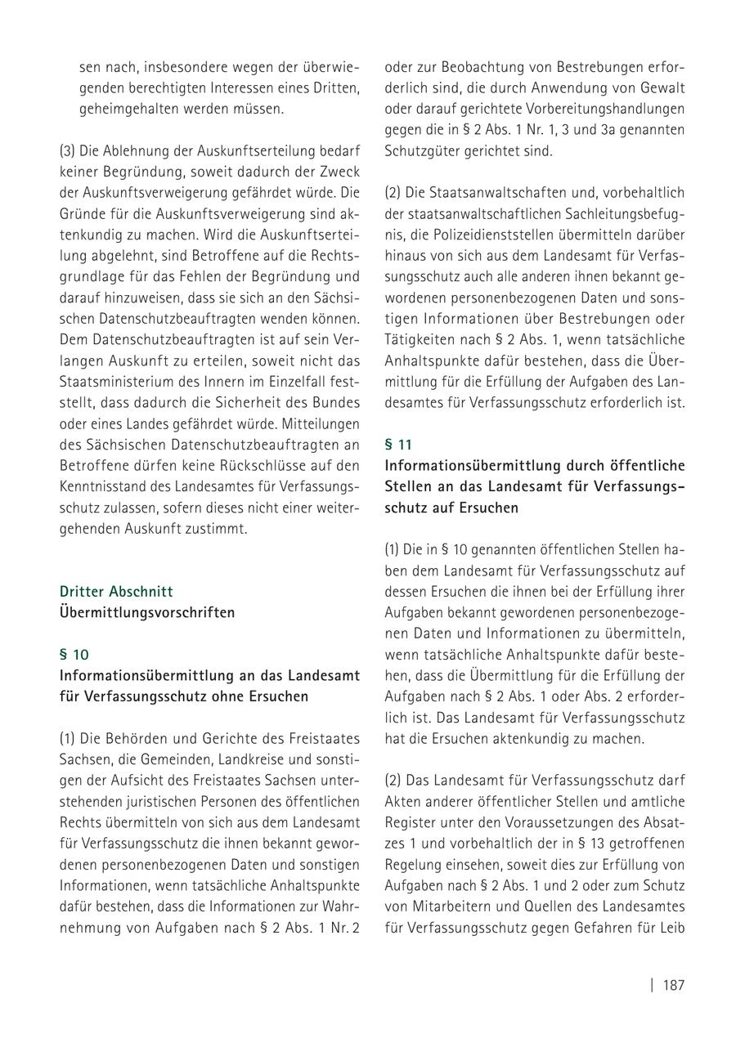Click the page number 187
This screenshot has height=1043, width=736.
[673, 985]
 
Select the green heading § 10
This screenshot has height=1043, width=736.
[74, 655]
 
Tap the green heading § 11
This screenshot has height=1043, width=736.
[399, 445]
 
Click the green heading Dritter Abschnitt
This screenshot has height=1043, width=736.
[117, 591]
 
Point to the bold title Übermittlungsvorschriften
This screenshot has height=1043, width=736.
[147, 612]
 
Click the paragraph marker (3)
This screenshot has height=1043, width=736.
[68, 151]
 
